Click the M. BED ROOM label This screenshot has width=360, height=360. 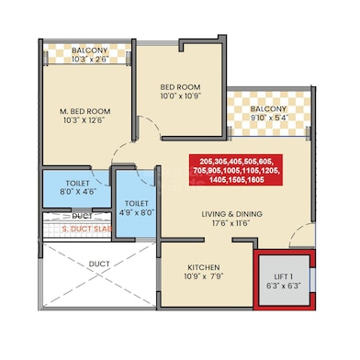point(84,111)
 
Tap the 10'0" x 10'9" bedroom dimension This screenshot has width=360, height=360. point(181,96)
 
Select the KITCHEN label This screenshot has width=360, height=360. point(204,267)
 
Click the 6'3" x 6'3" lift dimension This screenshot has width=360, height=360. point(284,286)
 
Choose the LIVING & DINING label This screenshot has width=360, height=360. point(231,214)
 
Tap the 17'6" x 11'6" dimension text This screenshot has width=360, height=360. point(231,223)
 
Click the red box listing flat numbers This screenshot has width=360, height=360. point(236,170)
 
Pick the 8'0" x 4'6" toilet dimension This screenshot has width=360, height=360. point(77,192)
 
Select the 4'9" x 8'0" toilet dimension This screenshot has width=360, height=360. point(137,212)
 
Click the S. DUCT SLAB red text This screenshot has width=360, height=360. point(87,229)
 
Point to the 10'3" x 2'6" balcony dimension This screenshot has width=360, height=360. point(90,59)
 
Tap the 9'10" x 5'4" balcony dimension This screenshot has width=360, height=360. point(268,118)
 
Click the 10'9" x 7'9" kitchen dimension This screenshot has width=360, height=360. point(204,276)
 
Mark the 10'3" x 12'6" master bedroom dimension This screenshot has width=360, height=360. point(84,120)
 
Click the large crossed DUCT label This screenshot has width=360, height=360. point(99,264)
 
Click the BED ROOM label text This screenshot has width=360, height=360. point(180,87)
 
